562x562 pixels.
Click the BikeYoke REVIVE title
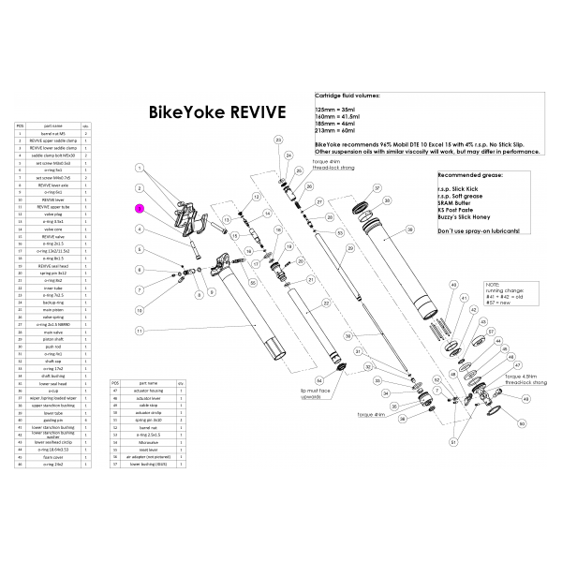(x=216, y=112)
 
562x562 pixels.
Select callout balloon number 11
(x=139, y=332)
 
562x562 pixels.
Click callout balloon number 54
(x=319, y=380)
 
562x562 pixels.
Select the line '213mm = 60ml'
(x=336, y=131)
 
